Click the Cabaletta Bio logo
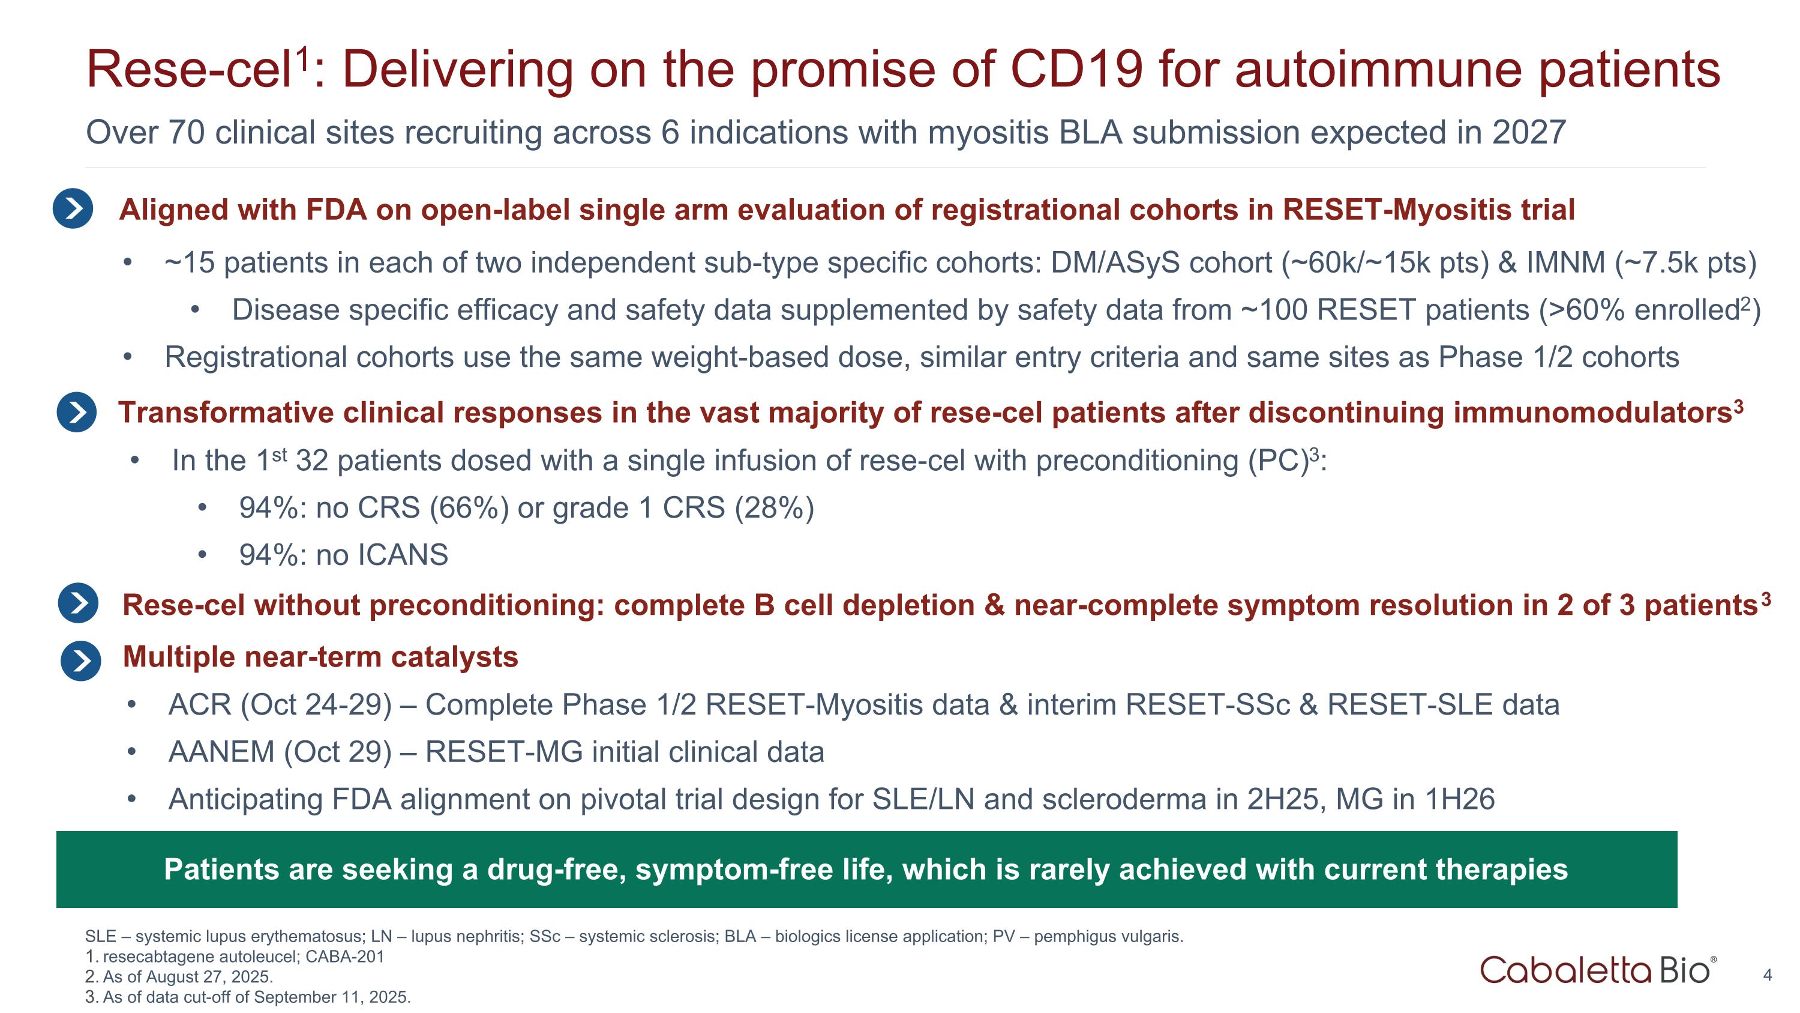pos(1597,970)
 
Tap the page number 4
pos(1767,975)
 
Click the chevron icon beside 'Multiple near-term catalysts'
pos(80,661)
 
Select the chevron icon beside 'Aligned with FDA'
pos(73,208)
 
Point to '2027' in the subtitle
pos(1528,133)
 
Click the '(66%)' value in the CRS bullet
pos(469,507)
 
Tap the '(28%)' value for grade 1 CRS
pos(774,507)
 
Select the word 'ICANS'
pos(403,555)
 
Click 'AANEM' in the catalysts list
pos(221,752)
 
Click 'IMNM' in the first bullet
pos(1565,263)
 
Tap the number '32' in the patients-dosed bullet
pos(311,461)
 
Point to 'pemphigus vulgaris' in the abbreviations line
pos(1107,936)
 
